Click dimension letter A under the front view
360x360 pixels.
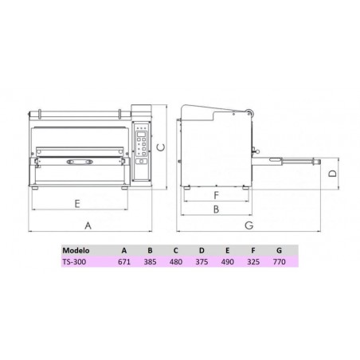tap(88, 225)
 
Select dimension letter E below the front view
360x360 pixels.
tap(77, 204)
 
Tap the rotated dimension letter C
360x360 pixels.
tap(161, 147)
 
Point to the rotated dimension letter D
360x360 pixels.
tap(333, 174)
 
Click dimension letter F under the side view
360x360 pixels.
tap(217, 195)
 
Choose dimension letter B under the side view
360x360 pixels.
tap(217, 209)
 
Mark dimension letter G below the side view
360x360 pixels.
tap(249, 225)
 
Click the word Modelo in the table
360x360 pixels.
tap(76, 250)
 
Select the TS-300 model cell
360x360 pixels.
tap(74, 262)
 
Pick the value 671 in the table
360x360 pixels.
tap(124, 262)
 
